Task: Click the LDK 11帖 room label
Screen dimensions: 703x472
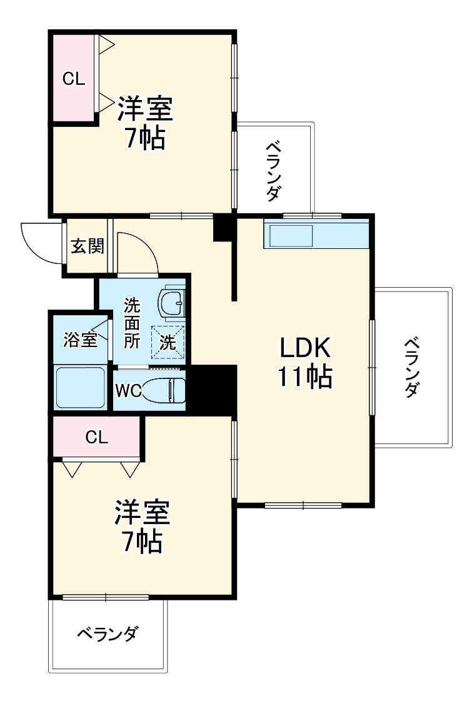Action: [305, 361]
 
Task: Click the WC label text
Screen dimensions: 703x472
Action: [128, 391]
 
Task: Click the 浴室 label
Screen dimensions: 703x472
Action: [81, 341]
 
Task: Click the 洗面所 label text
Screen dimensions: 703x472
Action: [132, 324]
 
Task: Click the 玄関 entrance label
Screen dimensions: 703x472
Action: [87, 246]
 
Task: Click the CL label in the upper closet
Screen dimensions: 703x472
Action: [73, 79]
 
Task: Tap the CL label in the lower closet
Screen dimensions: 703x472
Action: [97, 437]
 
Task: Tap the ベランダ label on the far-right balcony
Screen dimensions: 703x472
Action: [411, 368]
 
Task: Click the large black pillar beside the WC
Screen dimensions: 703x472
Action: [213, 389]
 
